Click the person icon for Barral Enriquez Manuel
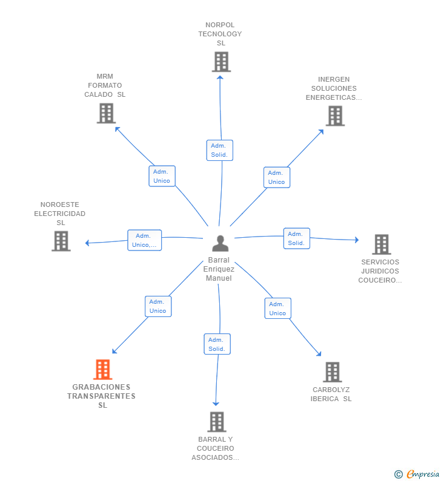(x=220, y=243)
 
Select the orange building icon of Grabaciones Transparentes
(x=102, y=370)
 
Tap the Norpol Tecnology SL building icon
(x=221, y=62)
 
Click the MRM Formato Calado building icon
(x=106, y=113)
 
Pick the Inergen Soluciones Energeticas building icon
(x=335, y=116)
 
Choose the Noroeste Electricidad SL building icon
(x=61, y=241)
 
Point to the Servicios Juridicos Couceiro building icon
(x=381, y=244)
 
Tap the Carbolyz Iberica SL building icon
(x=332, y=372)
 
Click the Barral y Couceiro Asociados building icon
(x=216, y=422)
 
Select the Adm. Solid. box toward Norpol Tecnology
(x=219, y=150)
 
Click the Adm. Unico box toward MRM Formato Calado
(x=162, y=176)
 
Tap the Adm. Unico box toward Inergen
(x=277, y=177)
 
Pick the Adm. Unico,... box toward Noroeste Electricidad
(x=144, y=240)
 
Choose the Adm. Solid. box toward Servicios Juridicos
(x=296, y=238)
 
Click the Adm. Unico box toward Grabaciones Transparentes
(x=157, y=306)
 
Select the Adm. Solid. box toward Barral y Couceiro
(x=217, y=344)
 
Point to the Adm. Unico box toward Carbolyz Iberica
(x=277, y=309)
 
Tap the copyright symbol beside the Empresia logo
(x=399, y=474)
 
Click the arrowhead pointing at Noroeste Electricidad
(x=87, y=243)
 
